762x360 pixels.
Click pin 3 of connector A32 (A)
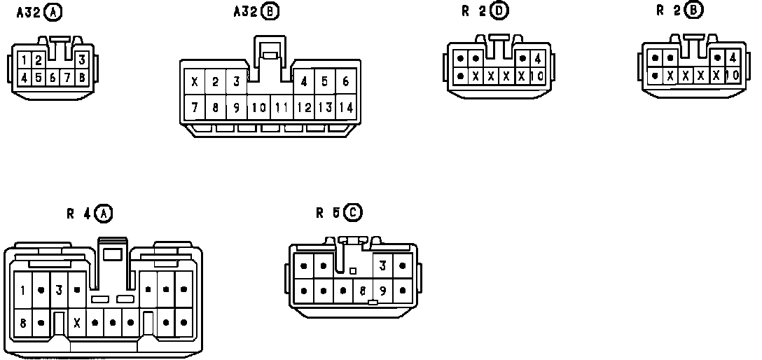(82, 60)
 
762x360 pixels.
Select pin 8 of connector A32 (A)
(82, 77)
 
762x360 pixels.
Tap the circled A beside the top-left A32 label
(52, 11)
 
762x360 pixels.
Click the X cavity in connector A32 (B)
(194, 82)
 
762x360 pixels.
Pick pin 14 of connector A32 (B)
(345, 107)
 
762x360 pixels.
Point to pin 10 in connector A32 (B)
(258, 107)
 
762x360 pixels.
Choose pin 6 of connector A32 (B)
(345, 82)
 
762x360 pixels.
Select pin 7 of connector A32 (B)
(194, 107)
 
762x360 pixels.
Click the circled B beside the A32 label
(269, 11)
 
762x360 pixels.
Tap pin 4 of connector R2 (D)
(536, 59)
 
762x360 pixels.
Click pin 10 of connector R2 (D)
(536, 76)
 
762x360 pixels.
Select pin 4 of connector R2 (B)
(732, 58)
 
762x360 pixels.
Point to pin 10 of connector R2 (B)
(732, 75)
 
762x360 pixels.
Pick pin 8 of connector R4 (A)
(23, 323)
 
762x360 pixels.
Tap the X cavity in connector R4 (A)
(77, 323)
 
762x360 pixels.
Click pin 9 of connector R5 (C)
(382, 290)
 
